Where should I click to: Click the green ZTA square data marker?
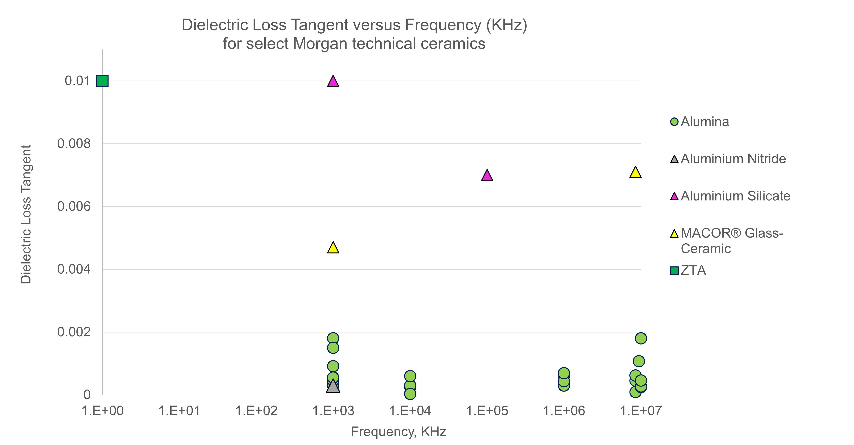[x=102, y=81]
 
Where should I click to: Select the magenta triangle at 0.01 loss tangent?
[x=333, y=81]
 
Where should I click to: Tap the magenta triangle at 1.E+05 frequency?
[x=487, y=176]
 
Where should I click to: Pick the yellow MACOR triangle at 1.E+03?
[x=333, y=248]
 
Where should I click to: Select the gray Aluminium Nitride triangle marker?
[x=333, y=386]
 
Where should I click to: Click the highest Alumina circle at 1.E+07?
[x=641, y=338]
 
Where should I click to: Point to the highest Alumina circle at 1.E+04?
[x=410, y=376]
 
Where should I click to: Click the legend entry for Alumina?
[x=704, y=122]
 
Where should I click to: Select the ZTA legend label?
[x=693, y=270]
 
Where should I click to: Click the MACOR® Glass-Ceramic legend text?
[x=732, y=241]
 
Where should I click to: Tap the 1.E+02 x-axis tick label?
[x=256, y=411]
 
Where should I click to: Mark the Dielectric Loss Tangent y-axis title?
[x=26, y=214]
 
